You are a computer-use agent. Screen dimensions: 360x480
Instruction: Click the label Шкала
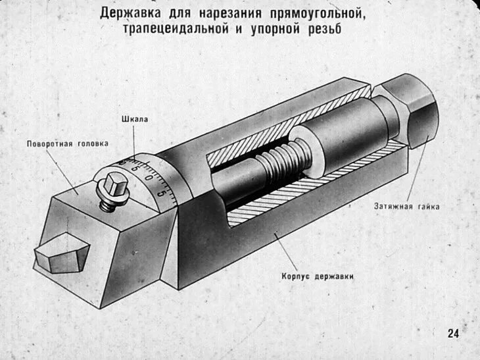coord(135,119)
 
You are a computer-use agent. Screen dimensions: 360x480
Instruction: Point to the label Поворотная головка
coord(68,143)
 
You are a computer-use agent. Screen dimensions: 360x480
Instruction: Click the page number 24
coord(453,333)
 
